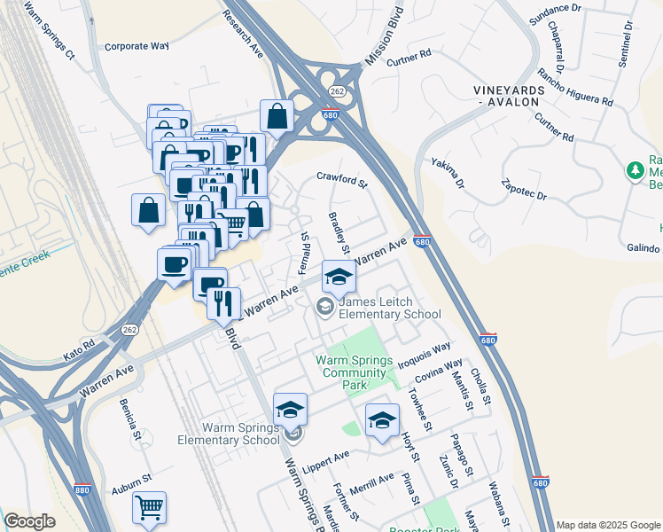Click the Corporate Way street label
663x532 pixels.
(136, 45)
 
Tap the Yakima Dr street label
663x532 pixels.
(448, 173)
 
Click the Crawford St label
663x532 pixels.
(342, 181)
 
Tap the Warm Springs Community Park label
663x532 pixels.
(354, 372)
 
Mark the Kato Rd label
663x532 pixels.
(79, 353)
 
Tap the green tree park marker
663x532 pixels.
(635, 168)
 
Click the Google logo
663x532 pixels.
(29, 521)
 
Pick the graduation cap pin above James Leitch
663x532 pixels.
(338, 277)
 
